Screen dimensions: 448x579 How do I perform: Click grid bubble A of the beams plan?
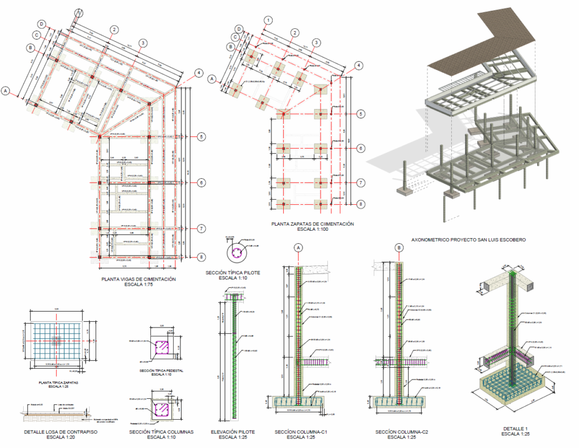point(6,91)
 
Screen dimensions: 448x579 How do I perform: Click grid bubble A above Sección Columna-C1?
point(299,247)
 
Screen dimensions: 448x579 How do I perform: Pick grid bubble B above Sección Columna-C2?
point(399,247)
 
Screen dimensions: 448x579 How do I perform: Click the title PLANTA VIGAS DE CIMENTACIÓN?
point(139,279)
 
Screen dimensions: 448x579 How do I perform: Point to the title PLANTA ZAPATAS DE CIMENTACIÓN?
point(312,225)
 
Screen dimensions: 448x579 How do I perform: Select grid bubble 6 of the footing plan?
point(360,148)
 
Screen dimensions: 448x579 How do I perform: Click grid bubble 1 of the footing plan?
point(267,20)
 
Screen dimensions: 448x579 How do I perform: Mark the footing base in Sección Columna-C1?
point(298,402)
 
